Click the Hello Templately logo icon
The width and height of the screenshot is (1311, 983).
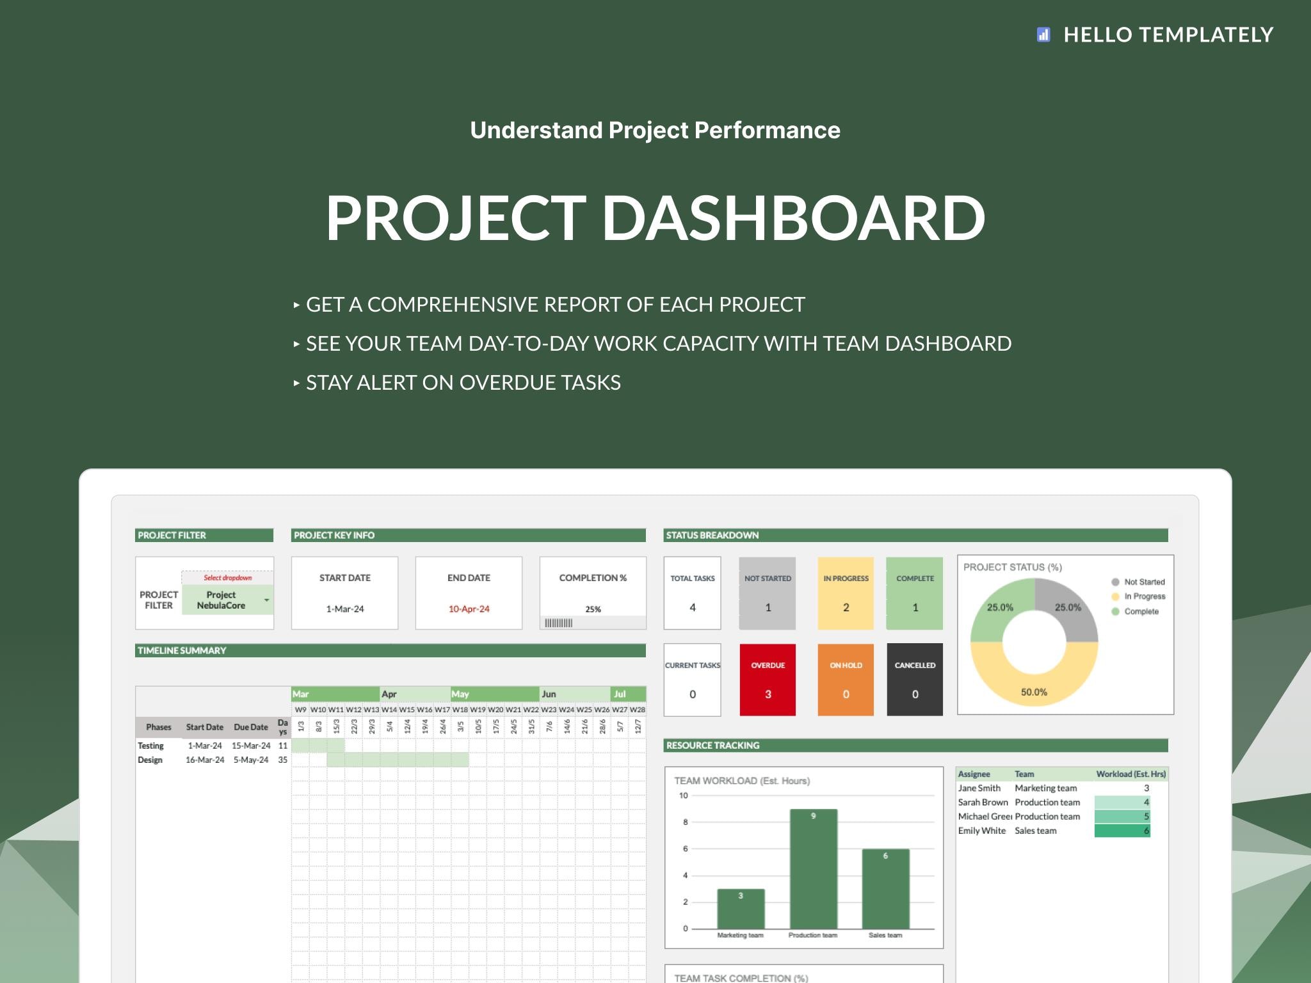(1043, 35)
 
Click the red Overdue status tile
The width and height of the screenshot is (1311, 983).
(768, 680)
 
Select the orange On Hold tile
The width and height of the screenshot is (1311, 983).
(846, 680)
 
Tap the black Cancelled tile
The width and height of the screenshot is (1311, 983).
(915, 680)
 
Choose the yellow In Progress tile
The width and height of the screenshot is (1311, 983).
(846, 593)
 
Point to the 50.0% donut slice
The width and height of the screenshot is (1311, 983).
(1034, 685)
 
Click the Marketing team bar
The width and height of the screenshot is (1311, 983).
(741, 909)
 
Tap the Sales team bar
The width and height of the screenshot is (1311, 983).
(885, 889)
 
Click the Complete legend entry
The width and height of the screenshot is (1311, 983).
(1141, 612)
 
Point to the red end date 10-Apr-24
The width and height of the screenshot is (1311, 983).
(469, 609)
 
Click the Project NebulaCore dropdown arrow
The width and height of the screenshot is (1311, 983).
(266, 600)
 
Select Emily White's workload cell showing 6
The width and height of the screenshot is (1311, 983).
(1122, 831)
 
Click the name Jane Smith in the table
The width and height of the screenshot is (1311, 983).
(979, 788)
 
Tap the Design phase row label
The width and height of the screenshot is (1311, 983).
(150, 760)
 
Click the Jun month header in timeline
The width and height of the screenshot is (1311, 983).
(549, 694)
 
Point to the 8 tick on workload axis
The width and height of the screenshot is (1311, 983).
(685, 822)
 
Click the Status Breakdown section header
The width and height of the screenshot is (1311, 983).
(712, 536)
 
